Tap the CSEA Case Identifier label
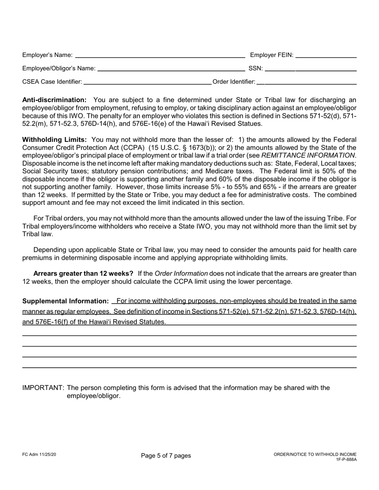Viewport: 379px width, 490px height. click(52, 82)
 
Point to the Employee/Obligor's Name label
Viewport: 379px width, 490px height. click(59, 69)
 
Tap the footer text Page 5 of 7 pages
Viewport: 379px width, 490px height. click(166, 456)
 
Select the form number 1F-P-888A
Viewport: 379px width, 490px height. click(346, 459)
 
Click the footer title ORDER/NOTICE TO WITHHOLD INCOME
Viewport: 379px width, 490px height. click(315, 455)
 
